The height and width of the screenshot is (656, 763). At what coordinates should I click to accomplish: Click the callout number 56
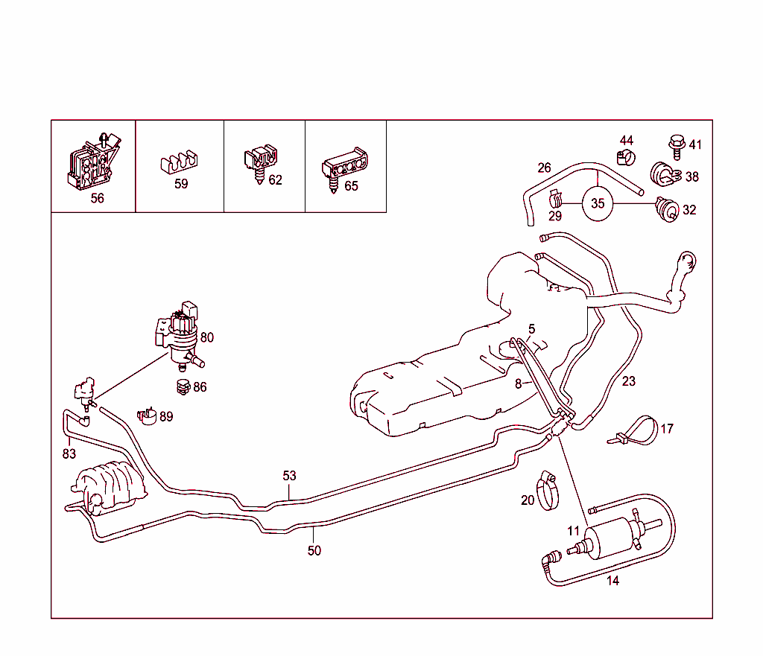97,198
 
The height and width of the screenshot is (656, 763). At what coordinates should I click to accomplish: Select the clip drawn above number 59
179,162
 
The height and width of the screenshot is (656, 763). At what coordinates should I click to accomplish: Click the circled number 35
598,203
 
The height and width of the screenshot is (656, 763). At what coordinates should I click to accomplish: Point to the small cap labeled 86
180,386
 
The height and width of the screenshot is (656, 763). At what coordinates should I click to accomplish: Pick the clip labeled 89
145,415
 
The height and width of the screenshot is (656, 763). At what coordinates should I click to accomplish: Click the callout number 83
69,453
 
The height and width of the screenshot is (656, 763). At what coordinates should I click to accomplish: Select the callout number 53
289,476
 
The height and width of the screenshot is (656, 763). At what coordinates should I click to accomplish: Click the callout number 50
314,551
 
